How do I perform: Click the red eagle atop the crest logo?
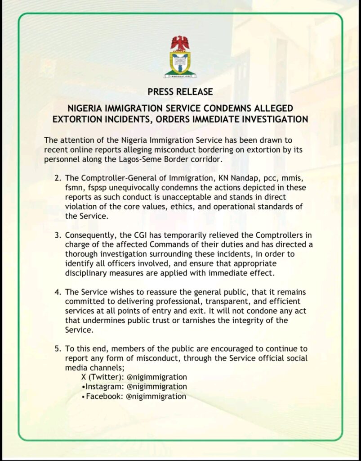180,43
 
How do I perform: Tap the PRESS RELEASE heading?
180,92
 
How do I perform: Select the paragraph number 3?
57,235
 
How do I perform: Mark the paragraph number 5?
57,349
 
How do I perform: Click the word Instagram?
99,387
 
